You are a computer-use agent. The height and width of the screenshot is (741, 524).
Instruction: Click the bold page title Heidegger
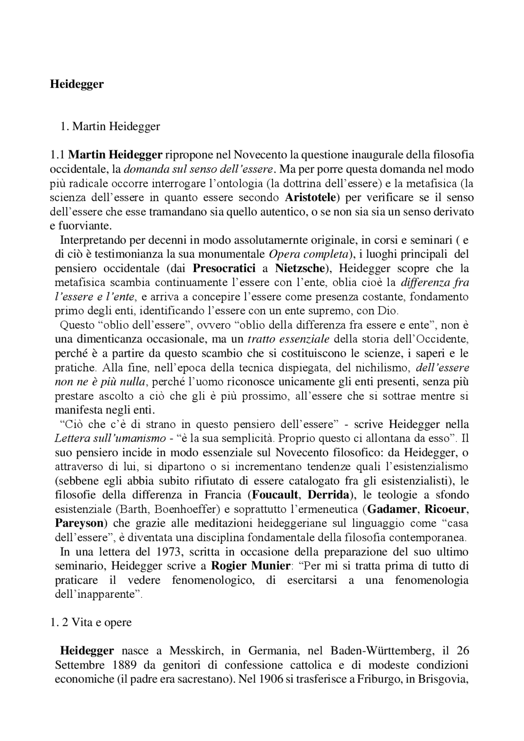(x=77, y=84)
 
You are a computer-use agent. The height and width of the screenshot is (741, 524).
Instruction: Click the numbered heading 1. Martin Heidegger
(x=110, y=126)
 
